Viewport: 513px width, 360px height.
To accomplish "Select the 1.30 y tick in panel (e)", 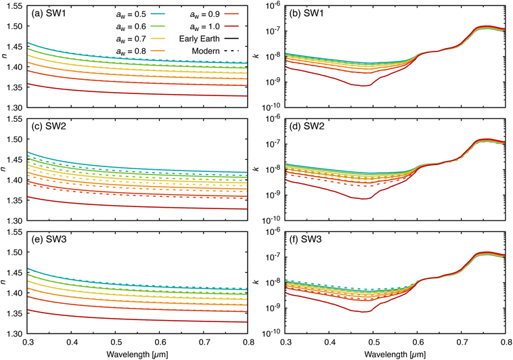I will [14, 334].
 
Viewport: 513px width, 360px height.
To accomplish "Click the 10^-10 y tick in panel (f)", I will [269, 334].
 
